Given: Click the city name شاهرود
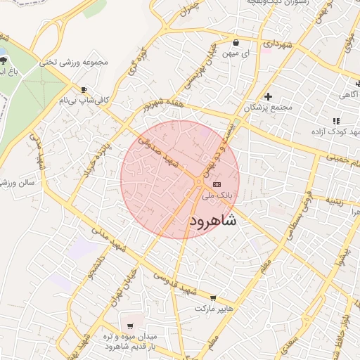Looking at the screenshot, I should [x=213, y=221].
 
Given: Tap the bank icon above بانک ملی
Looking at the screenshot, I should [x=215, y=184].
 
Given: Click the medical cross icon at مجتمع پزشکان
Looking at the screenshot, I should [x=268, y=96].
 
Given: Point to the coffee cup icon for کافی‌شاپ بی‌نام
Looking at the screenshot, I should [x=84, y=90].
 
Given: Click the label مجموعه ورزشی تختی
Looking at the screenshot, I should [x=77, y=62].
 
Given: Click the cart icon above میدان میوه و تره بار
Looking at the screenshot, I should [x=130, y=326].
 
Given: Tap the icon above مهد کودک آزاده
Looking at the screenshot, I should [x=336, y=121].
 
